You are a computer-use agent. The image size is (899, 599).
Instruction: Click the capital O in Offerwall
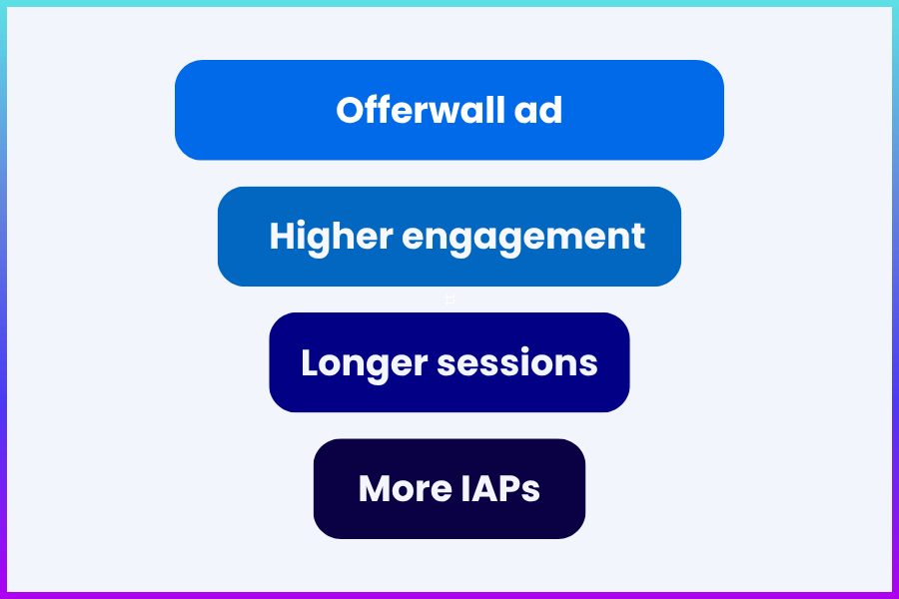[x=350, y=110]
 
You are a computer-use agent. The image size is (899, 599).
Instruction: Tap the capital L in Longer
[x=311, y=362]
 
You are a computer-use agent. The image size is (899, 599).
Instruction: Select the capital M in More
[x=376, y=489]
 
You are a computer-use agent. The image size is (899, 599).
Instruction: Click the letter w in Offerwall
[x=450, y=111]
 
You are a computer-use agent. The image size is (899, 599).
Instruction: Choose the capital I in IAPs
[x=466, y=489]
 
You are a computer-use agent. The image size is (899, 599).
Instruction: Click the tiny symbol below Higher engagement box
[x=449, y=299]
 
